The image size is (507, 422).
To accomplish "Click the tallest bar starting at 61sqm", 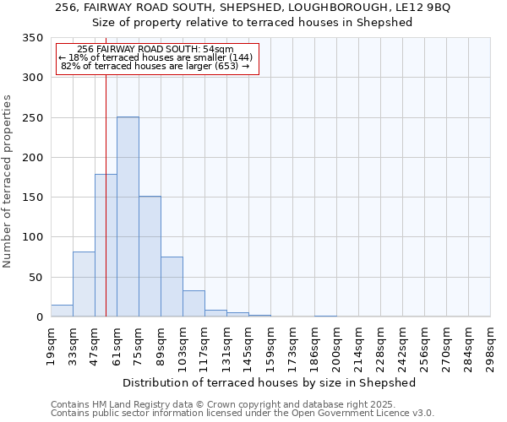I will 128,217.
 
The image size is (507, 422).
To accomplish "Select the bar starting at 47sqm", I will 106,246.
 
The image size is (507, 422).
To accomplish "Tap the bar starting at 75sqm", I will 150,257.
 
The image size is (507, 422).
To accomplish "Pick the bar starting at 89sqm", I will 172,287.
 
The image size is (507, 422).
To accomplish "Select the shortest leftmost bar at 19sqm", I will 62,311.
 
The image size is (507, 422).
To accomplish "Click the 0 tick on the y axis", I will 39,317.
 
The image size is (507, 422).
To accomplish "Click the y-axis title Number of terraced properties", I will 8,181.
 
